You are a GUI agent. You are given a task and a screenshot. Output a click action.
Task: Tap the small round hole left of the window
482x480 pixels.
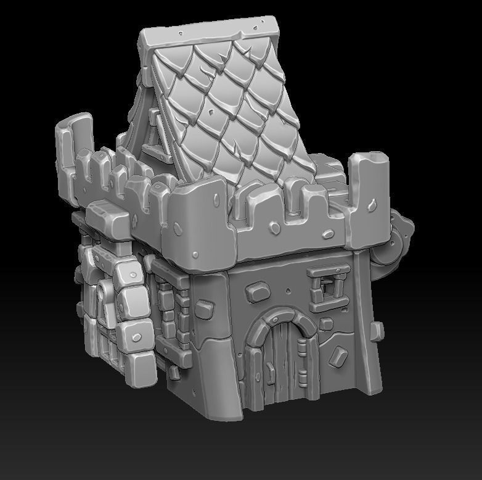coord(290,289)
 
